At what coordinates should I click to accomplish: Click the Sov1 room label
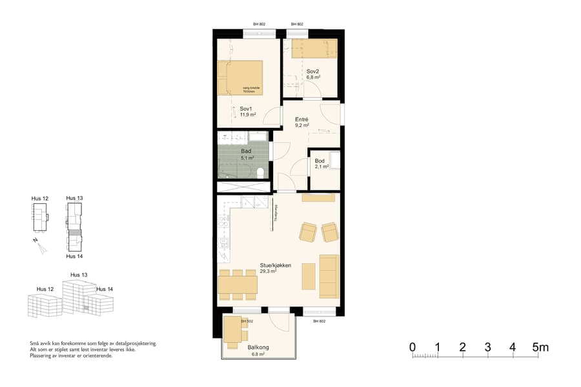[245, 109]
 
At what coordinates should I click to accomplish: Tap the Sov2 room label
[313, 71]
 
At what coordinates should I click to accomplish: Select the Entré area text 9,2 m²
[301, 127]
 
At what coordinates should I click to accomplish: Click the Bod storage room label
[320, 161]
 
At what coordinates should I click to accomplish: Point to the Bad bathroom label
[246, 152]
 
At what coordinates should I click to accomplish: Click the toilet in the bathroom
[260, 172]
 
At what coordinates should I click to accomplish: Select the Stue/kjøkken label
[276, 265]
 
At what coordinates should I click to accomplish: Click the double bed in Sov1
[240, 78]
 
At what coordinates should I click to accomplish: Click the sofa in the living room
[329, 276]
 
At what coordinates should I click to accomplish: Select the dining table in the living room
[238, 284]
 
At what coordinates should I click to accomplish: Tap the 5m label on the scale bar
[541, 348]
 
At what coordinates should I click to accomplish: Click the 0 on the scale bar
[413, 348]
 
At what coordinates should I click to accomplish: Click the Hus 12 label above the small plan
[40, 199]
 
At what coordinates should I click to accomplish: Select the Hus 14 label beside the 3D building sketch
[105, 290]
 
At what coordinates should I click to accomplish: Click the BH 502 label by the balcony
[246, 321]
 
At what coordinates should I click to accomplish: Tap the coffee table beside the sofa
[309, 275]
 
